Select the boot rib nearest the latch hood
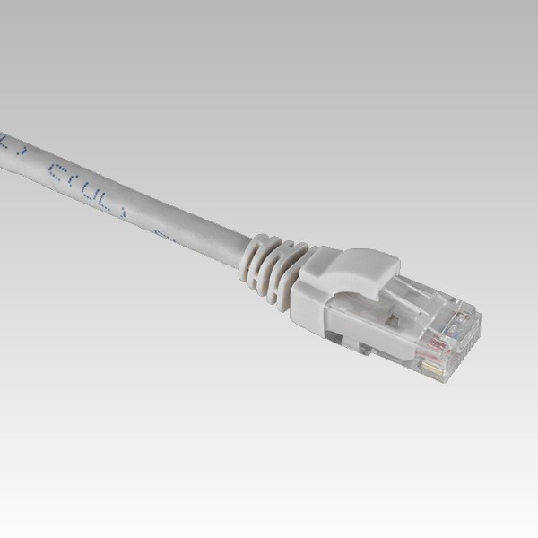(292, 273)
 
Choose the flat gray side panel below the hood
(314, 305)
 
